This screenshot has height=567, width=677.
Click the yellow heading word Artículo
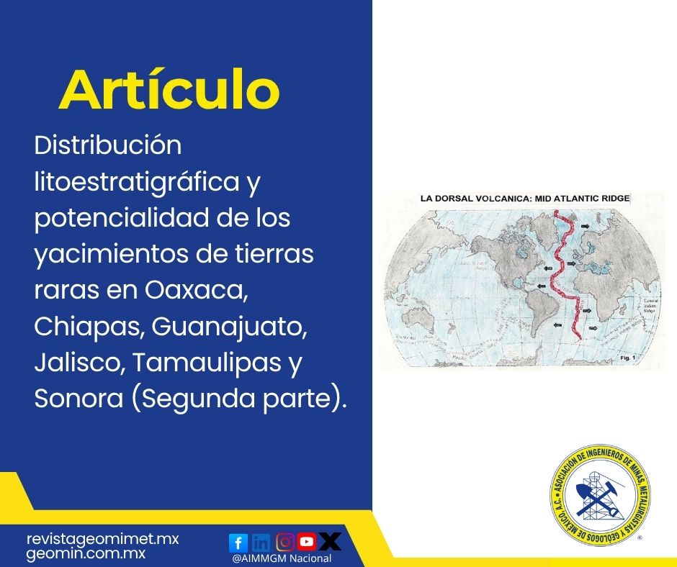169,91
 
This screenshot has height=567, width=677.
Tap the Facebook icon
238,542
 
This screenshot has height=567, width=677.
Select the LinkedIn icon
261,542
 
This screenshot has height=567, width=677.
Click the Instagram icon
285,541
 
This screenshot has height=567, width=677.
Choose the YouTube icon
308,541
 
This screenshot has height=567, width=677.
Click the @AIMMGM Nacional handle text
282,558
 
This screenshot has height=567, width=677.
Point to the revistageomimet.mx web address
102,539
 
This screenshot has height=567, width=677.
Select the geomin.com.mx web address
86,554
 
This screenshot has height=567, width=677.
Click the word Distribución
108,145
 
